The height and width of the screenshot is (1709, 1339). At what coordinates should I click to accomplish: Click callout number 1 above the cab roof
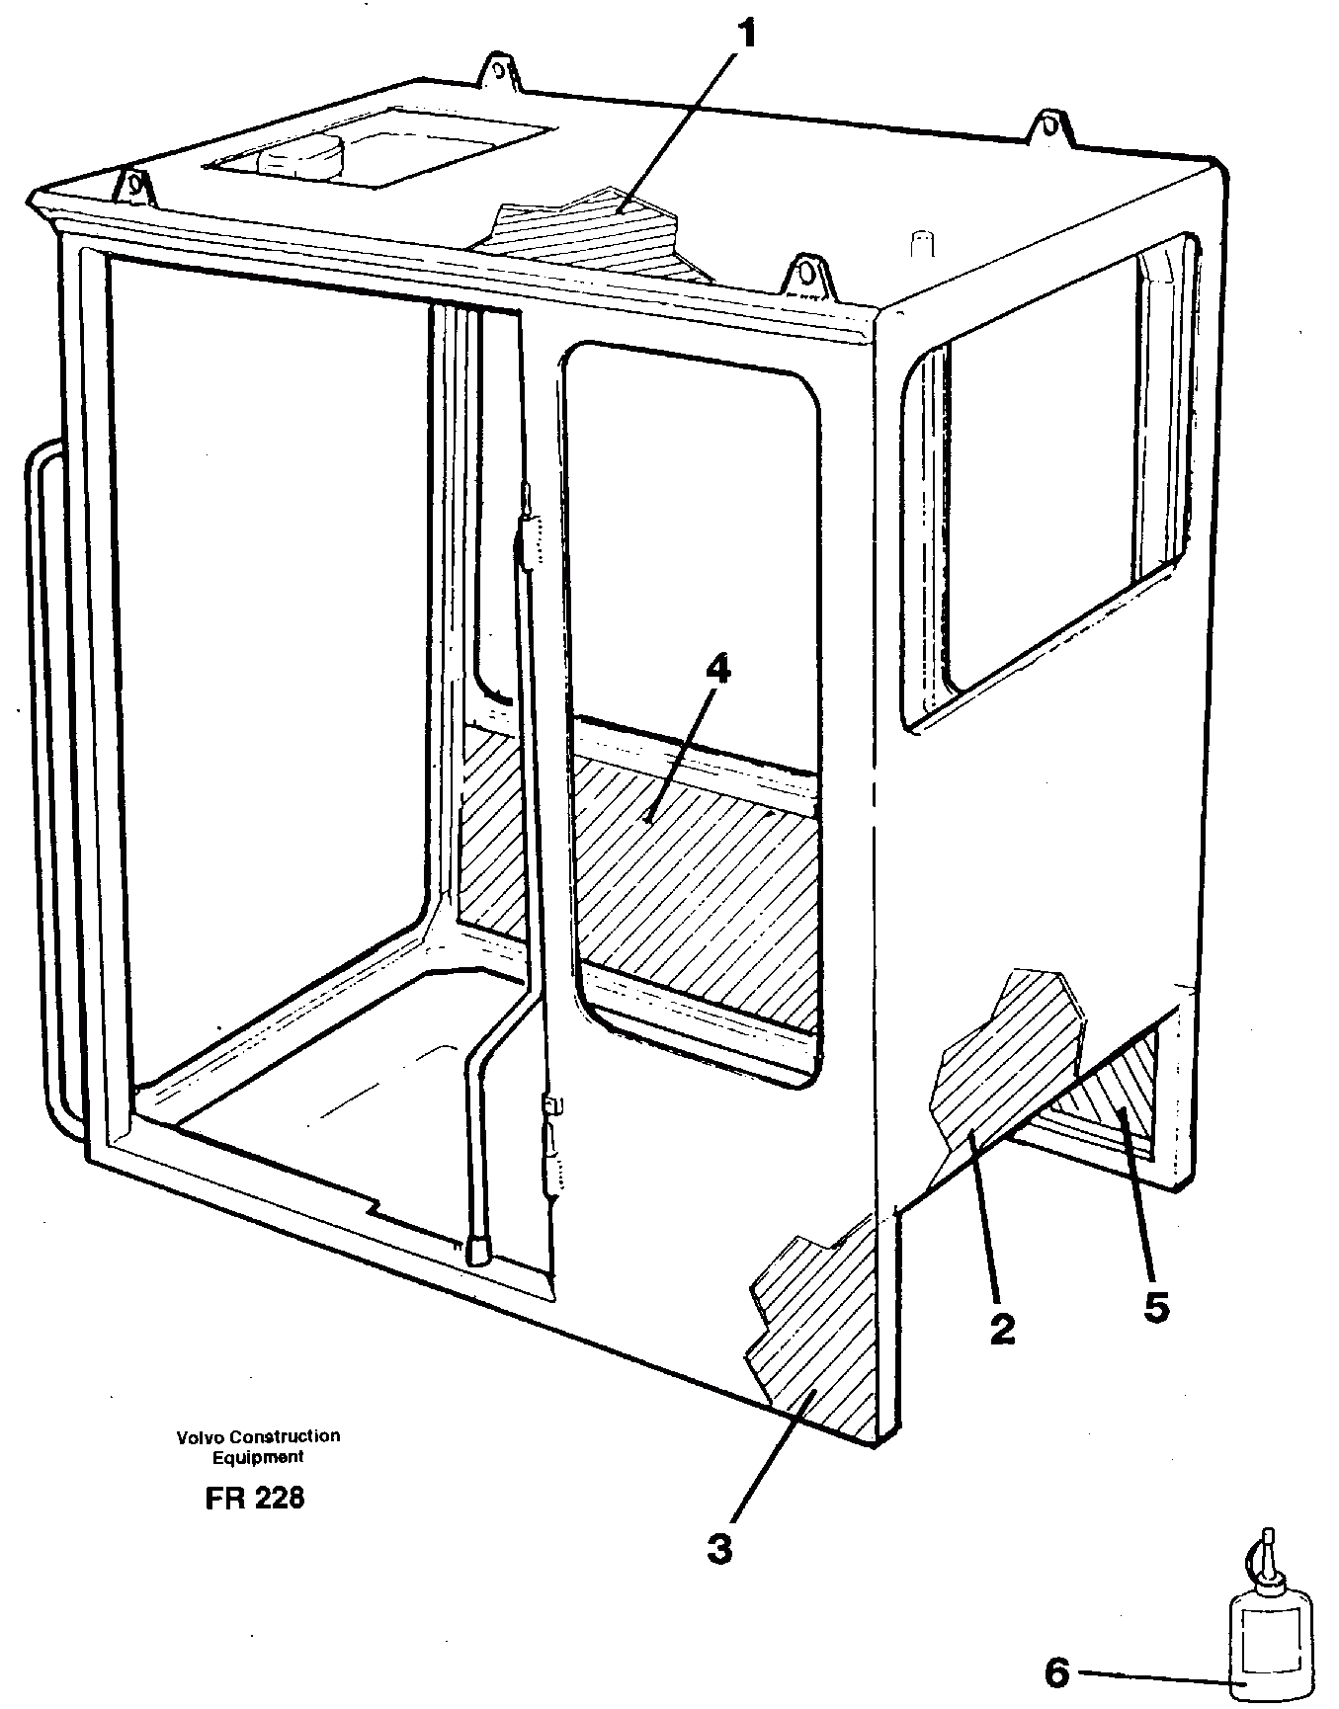coord(747,38)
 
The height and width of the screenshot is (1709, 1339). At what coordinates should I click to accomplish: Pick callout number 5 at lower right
coord(1156,1307)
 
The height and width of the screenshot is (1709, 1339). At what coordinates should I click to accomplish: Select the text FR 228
coord(255,1498)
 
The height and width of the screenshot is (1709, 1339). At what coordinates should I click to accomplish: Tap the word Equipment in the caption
coord(259,1457)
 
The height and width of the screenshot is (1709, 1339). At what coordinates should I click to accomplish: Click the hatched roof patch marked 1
coord(583,235)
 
